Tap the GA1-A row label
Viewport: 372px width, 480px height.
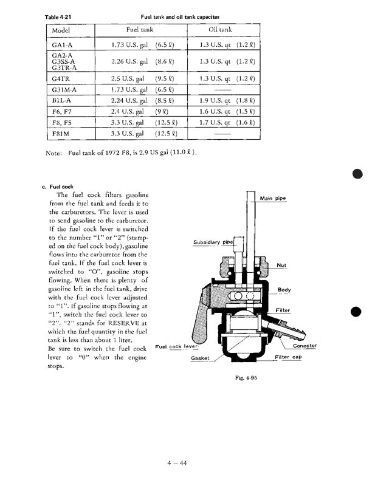coord(62,45)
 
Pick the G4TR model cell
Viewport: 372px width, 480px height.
coord(61,78)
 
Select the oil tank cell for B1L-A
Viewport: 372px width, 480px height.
coord(227,100)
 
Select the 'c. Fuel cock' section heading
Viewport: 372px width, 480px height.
coord(58,187)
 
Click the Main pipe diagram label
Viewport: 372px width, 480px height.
coord(274,199)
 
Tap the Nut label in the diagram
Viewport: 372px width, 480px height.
coord(281,265)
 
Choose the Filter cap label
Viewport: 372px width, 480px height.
coord(289,357)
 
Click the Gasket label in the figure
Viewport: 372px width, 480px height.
coord(200,358)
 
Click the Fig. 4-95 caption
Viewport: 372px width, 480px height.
coord(247,378)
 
